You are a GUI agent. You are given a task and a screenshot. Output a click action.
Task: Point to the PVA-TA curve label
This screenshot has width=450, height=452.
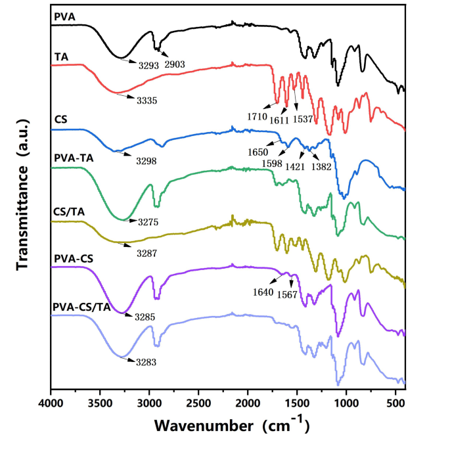point(72,159)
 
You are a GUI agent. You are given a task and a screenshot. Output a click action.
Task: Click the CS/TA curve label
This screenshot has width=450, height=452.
point(68,212)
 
